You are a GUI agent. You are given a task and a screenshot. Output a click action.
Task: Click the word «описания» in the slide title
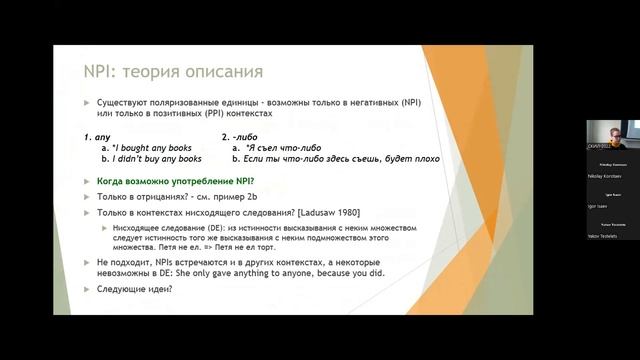[x=227, y=72]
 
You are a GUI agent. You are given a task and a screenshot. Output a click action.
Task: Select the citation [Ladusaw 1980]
[x=322, y=213]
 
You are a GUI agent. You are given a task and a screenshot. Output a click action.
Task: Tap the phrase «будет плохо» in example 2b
[x=414, y=158]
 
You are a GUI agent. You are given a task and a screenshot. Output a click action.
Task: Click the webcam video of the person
[x=605, y=135]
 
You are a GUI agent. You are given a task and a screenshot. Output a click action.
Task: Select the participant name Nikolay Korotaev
[x=606, y=173]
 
